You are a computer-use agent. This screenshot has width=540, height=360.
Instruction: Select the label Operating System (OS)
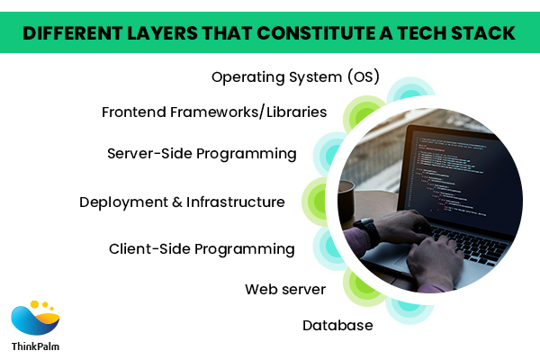(x=295, y=77)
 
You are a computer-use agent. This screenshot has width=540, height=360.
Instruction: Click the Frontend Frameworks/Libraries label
(x=214, y=112)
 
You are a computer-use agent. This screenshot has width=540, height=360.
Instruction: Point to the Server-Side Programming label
(x=202, y=154)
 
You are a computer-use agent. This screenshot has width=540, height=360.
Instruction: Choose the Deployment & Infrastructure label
(x=182, y=202)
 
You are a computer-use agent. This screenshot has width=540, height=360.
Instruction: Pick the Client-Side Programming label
(x=202, y=249)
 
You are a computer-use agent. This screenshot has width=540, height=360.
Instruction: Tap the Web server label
(x=285, y=290)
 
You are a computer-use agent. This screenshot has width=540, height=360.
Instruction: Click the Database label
(x=337, y=326)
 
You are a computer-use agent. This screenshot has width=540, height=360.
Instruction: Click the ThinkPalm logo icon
(x=35, y=318)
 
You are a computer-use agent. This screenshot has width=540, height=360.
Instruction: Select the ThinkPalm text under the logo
(x=35, y=346)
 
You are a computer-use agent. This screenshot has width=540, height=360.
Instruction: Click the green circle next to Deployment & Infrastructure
(x=314, y=202)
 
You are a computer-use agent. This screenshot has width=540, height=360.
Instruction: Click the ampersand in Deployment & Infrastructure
(x=177, y=202)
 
